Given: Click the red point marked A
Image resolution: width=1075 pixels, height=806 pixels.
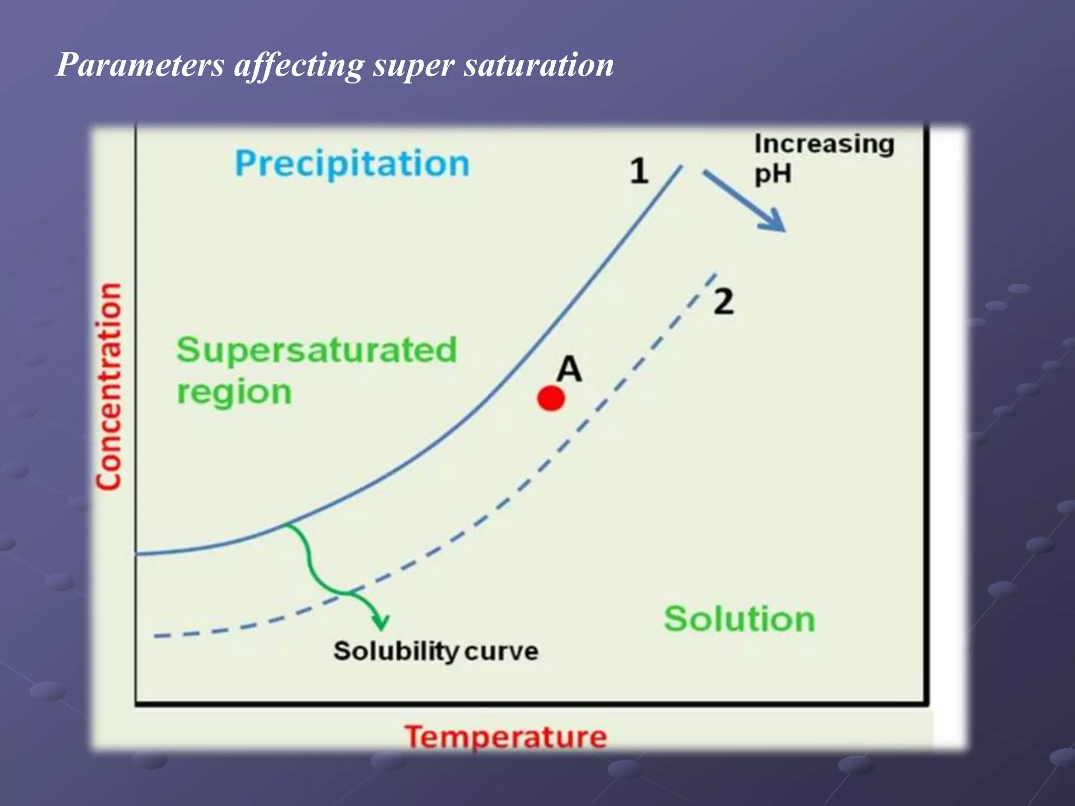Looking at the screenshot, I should coord(551,398).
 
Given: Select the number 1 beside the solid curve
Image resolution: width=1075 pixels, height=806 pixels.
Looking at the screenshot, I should coord(639,171).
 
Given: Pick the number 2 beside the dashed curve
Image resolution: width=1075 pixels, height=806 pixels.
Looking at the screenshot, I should coord(723,302).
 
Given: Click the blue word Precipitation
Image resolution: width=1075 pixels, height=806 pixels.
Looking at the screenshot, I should coord(352,164).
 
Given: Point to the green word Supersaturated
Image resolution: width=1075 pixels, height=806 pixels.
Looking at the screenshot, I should coord(317,350).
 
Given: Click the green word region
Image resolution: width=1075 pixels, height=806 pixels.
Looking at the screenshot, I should coord(234,393).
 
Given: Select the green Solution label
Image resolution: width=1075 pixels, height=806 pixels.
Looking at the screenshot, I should coord(739,619).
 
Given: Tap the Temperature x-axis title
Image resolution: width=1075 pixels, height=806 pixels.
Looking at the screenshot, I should coord(505,737).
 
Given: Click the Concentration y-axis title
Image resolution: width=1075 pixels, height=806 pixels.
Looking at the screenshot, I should coord(109,387).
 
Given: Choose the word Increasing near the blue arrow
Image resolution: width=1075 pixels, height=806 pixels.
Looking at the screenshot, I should coord(824,144).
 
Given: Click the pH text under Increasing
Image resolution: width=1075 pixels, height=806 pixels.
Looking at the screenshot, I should coord(772,174).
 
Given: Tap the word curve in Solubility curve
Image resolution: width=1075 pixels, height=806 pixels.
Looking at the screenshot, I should coord(501,651).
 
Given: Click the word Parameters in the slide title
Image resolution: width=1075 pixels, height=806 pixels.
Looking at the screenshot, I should coord(140,65).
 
